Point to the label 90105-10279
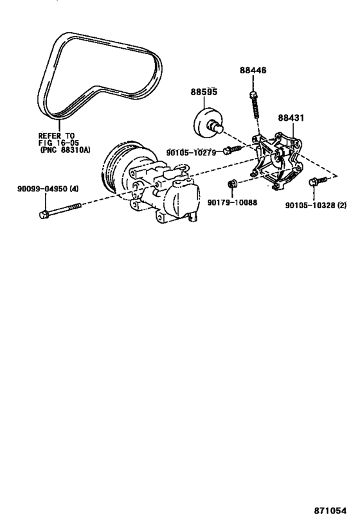tap(192, 152)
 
